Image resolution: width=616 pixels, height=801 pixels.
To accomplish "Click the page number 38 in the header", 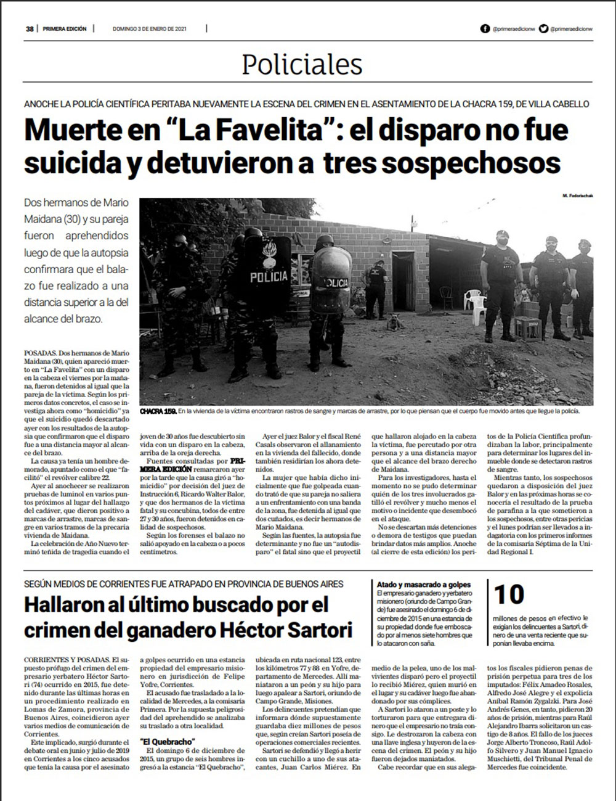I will [29, 28].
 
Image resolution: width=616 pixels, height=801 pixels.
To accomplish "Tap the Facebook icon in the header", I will [485, 28].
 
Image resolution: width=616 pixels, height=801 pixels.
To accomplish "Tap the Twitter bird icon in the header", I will [543, 28].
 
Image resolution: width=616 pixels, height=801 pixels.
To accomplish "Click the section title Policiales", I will [302, 64].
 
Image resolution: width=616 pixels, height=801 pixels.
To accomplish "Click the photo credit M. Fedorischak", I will [577, 195].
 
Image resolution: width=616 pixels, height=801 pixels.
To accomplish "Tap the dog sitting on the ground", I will [392, 321].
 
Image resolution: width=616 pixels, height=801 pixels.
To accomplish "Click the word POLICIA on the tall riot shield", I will [269, 277].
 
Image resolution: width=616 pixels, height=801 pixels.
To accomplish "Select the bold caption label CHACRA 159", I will [158, 411].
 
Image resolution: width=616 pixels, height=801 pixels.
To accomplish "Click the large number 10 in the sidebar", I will [509, 594].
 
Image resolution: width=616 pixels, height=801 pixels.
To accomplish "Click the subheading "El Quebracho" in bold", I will [168, 741].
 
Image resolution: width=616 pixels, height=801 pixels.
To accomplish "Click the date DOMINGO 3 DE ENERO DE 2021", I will [150, 28].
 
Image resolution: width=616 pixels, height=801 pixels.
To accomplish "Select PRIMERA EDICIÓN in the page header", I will [65, 28].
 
